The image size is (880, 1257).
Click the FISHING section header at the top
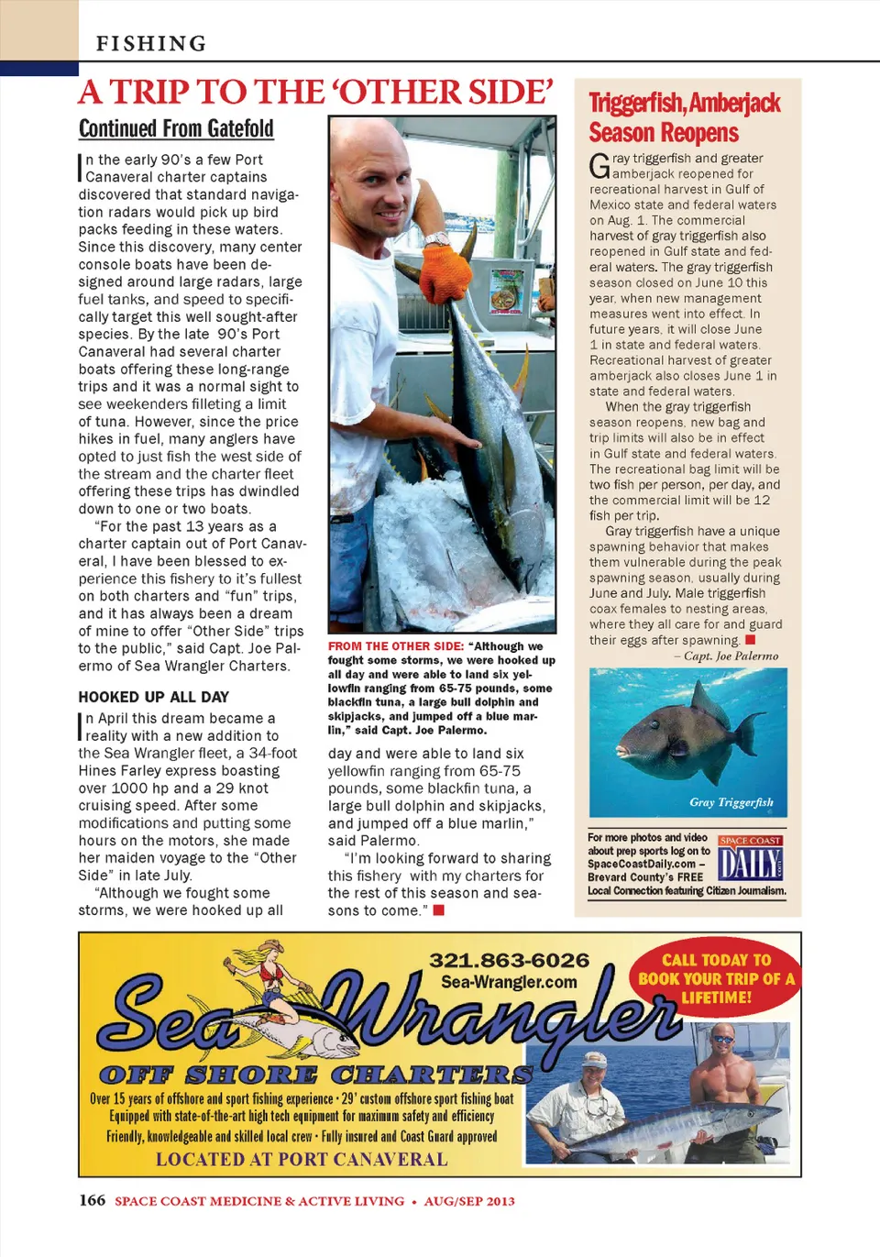click(x=151, y=43)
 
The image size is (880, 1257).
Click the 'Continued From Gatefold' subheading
click(x=176, y=128)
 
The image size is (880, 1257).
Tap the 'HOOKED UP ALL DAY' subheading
click(x=153, y=697)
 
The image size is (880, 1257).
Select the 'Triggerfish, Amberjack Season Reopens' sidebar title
click(x=684, y=117)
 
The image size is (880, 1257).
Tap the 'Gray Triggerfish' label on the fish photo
click(x=731, y=802)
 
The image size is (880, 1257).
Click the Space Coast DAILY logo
click(x=750, y=859)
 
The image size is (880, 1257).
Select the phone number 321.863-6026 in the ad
click(x=509, y=960)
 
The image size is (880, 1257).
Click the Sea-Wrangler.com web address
click(x=509, y=982)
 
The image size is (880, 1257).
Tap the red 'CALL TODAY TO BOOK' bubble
click(x=716, y=978)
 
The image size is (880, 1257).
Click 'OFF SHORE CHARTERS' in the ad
click(x=315, y=1075)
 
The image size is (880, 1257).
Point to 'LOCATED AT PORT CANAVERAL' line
click(x=302, y=1159)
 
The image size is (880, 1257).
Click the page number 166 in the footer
click(x=92, y=1200)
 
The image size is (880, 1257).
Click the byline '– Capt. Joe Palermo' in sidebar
click(x=726, y=656)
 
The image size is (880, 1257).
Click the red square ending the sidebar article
click(x=750, y=640)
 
